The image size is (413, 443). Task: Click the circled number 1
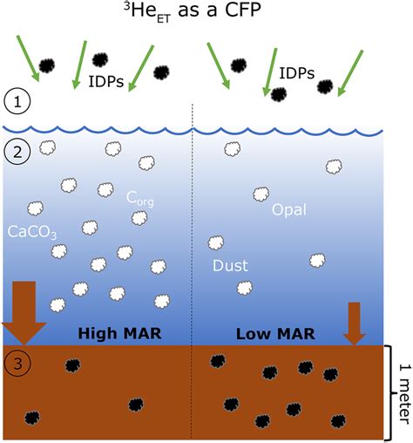[x=17, y=102]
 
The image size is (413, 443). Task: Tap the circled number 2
[x=17, y=152]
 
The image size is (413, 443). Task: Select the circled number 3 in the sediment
[x=17, y=364]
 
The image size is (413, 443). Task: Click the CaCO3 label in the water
[x=32, y=232]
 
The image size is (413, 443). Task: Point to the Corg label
[x=140, y=199]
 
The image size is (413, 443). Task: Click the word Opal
[x=289, y=209]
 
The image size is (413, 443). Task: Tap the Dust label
[x=230, y=265]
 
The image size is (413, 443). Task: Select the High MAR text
[x=119, y=333]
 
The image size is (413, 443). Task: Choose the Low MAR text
[x=275, y=334]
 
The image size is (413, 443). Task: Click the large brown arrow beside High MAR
[x=24, y=313]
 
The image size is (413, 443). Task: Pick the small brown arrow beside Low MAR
[x=354, y=324]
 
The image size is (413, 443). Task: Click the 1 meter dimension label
[x=405, y=393]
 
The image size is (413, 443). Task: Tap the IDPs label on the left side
[x=106, y=82]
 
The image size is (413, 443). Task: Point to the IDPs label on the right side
[x=297, y=73]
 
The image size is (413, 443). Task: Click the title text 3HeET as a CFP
[x=193, y=11]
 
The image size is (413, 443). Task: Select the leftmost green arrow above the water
[x=28, y=58]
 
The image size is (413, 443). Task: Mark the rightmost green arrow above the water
[x=350, y=73]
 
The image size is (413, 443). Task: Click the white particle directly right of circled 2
[x=48, y=147]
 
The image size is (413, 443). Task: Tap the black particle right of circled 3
[x=72, y=365]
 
